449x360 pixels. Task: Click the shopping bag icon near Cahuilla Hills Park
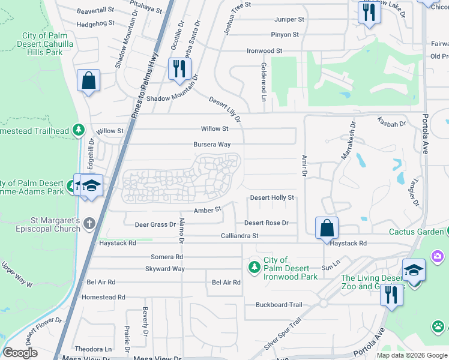point(88,82)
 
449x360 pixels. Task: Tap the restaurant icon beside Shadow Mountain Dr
point(178,70)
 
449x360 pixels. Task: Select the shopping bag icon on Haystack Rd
point(327,229)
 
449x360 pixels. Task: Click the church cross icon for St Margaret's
point(89,224)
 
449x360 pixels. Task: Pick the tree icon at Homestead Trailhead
point(78,130)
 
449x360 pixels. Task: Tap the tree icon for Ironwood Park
point(255,265)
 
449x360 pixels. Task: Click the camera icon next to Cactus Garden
point(438,256)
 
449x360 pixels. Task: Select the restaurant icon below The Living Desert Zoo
point(391,296)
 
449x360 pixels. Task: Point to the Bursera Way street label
point(212,145)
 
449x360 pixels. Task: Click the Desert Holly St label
point(272,197)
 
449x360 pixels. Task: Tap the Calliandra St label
point(239,236)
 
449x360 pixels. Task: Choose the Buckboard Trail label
point(279,305)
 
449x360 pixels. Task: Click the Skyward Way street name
point(165,269)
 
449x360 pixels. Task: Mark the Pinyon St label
point(285,35)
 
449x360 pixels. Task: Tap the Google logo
point(20,353)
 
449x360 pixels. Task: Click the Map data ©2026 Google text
point(411,355)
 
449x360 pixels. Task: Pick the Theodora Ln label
point(93,349)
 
